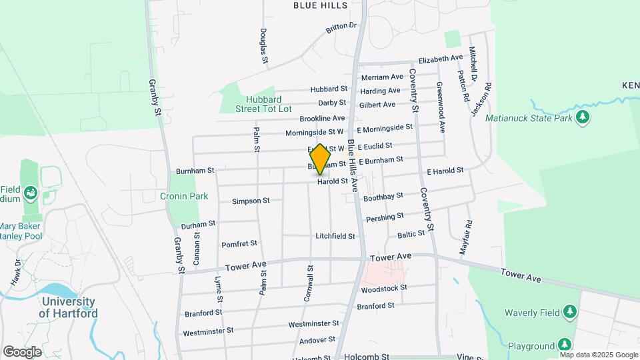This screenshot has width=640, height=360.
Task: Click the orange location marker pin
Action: coord(321,159)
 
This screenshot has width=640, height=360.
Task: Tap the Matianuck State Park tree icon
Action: coord(583,118)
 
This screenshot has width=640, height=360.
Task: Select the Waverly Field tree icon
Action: coord(569,311)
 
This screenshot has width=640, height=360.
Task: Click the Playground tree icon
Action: coord(565,345)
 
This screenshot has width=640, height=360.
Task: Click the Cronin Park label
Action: coord(184,196)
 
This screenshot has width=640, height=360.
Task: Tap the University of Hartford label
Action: coord(68,307)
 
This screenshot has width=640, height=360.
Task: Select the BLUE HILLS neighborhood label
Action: coord(321,5)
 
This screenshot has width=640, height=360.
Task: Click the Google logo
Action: coord(22,351)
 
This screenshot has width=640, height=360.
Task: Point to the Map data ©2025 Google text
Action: coord(599,355)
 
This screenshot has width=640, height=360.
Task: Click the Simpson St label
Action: coord(251,201)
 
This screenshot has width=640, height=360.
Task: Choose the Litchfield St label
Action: coord(335,237)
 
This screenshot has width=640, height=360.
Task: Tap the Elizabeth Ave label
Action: coord(440,59)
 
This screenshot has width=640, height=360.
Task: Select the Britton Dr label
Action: coord(341,28)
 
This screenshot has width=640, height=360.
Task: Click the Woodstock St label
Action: coord(384,289)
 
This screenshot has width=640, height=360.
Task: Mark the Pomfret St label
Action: coord(239,244)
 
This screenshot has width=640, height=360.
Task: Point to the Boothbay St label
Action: coord(384,197)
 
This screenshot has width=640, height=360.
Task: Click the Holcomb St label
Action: coord(367,357)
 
